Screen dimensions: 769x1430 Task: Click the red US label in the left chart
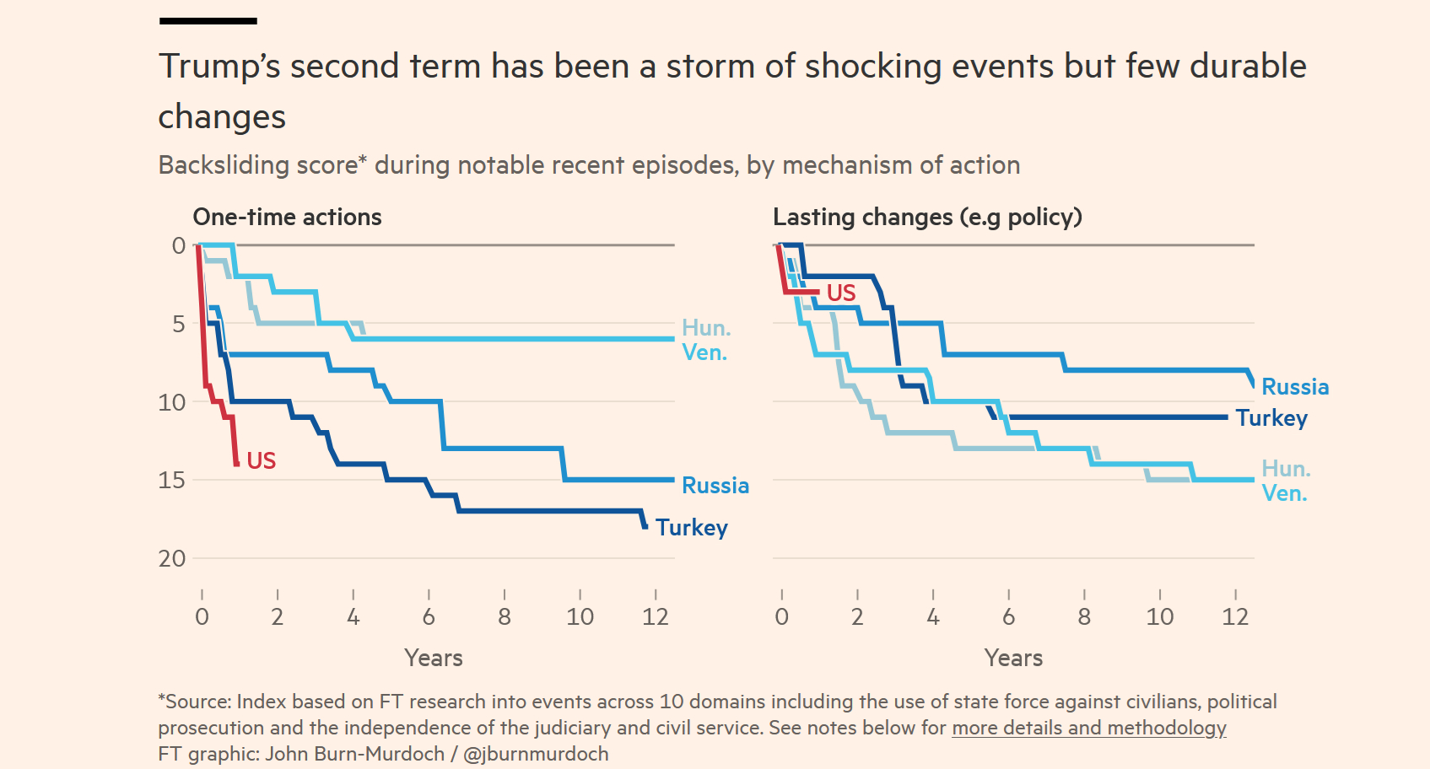coord(262,460)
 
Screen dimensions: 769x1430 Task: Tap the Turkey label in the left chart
coord(692,528)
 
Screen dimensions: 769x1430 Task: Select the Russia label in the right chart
coord(1295,387)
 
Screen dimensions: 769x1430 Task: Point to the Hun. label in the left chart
coord(706,328)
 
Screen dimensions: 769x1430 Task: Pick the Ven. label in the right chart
coord(1284,493)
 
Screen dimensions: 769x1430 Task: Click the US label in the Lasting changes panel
coord(841,293)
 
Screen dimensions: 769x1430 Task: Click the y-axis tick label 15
coord(172,480)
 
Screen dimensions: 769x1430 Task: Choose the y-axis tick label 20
coord(172,558)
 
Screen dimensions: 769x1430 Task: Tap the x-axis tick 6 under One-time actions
coord(429,617)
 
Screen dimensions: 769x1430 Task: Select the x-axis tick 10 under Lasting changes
coord(1160,617)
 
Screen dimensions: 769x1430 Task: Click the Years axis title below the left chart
coord(434,658)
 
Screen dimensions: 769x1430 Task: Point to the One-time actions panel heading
coord(288,218)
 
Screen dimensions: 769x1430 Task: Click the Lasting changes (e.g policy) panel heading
coord(927,218)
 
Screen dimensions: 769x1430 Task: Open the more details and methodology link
coord(1088,728)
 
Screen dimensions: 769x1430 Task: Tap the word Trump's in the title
coord(219,67)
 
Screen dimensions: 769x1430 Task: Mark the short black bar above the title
coord(208,21)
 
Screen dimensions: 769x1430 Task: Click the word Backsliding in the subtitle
coord(216,165)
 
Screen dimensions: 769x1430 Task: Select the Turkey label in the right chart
coord(1271,418)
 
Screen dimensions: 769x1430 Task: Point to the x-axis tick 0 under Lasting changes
coord(782,617)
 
